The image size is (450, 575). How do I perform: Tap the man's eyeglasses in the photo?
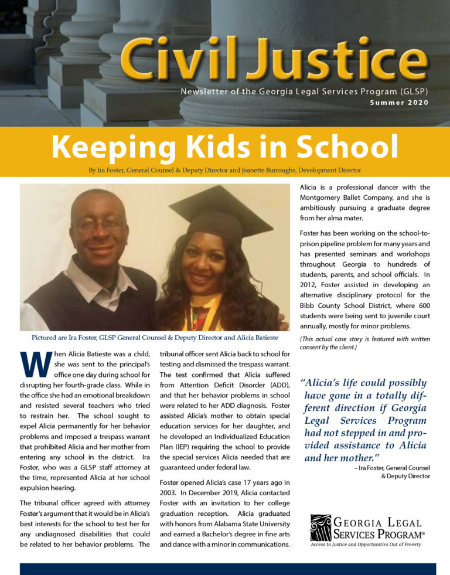point(100,224)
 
